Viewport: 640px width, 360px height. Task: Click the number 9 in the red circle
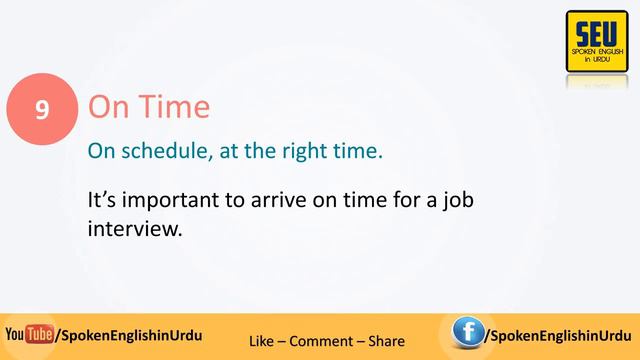42,108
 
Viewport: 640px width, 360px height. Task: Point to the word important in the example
166,199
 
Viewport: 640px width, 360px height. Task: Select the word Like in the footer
263,341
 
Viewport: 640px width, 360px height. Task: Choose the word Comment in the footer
320,341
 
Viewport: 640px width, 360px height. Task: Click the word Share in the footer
385,341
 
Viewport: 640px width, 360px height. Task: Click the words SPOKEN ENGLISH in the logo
596,51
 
